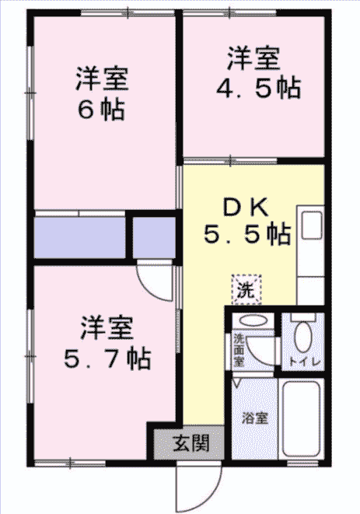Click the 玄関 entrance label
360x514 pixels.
pyautogui.click(x=190, y=443)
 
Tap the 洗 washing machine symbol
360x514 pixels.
pyautogui.click(x=246, y=289)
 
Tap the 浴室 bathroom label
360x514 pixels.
pyautogui.click(x=255, y=418)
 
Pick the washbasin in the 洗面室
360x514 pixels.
pyautogui.click(x=253, y=320)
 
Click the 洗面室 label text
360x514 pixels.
pyautogui.click(x=239, y=350)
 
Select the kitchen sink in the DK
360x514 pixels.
pyautogui.click(x=312, y=226)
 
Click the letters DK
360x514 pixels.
pyautogui.click(x=246, y=207)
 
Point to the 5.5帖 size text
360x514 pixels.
pyautogui.click(x=247, y=234)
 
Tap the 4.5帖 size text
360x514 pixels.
pyautogui.click(x=258, y=88)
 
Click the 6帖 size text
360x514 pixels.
pyautogui.click(x=101, y=110)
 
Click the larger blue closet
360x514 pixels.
pyautogui.click(x=79, y=238)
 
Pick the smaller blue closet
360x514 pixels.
pyautogui.click(x=154, y=238)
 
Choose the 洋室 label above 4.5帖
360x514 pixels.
pyautogui.click(x=253, y=59)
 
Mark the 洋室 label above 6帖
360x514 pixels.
pyautogui.click(x=102, y=79)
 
